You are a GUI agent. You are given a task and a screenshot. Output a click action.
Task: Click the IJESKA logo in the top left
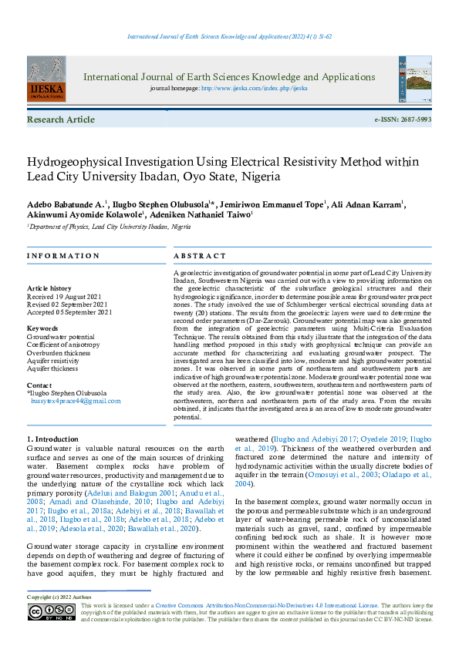pos(46,79)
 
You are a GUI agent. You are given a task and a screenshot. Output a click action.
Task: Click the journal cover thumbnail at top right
pos(415,79)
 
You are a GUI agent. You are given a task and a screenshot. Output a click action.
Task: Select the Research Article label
pos(61,120)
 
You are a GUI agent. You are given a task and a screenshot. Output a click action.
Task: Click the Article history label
pos(49,288)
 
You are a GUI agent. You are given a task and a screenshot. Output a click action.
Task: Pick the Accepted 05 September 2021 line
pos(69,312)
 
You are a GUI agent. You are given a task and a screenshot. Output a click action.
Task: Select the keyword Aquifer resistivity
pos(55,361)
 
